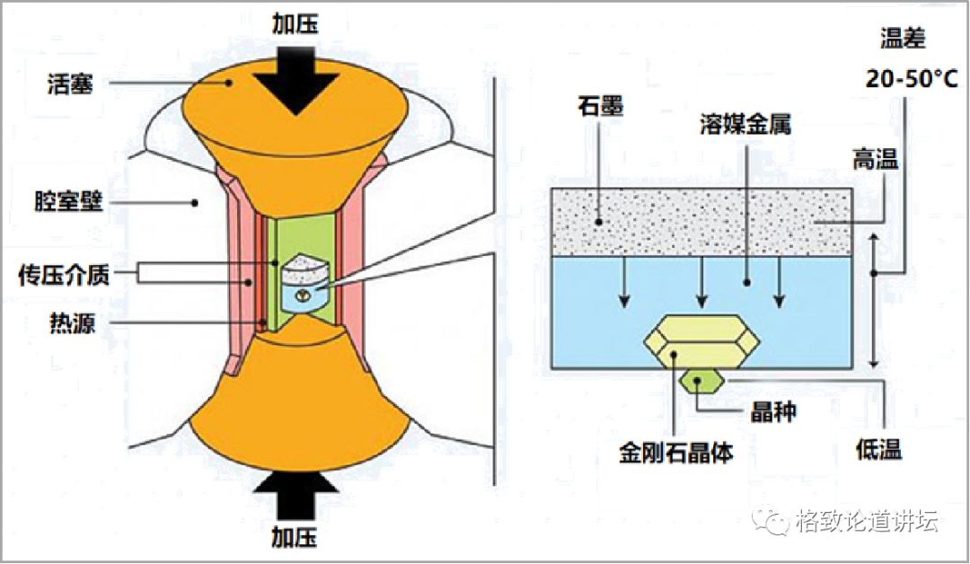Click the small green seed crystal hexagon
coord(702,382)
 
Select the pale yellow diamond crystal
coord(702,341)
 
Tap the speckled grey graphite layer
coord(701,220)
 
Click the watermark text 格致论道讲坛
coord(866,520)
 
